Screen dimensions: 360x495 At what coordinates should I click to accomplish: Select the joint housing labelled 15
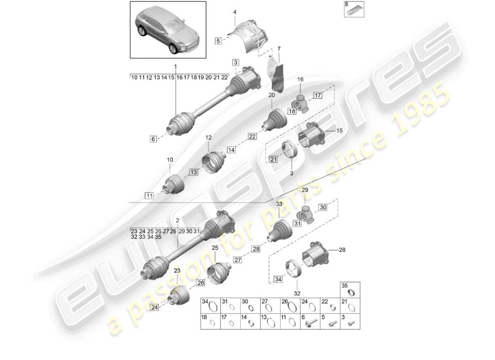(311, 135)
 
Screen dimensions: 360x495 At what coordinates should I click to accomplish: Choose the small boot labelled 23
(178, 296)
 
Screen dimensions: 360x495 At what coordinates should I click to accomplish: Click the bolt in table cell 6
(310, 323)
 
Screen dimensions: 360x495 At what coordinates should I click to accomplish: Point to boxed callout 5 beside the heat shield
(218, 41)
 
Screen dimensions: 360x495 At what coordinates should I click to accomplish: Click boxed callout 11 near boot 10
(148, 195)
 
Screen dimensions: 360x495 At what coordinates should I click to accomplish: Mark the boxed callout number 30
(323, 207)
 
